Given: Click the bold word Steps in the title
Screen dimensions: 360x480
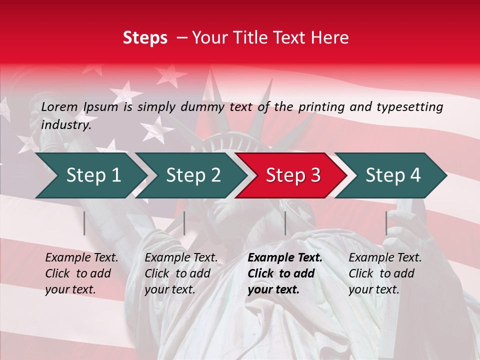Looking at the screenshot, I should tap(145, 38).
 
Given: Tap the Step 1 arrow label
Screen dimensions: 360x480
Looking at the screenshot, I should tap(93, 175).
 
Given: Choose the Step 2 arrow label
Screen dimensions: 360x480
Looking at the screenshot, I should tap(193, 175).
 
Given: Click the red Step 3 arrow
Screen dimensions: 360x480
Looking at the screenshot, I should tap(293, 175).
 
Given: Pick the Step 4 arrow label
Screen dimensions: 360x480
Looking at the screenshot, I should tap(393, 175).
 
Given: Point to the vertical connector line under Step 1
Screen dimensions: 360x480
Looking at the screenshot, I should tap(84, 223).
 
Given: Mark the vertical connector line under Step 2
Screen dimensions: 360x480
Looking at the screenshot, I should tap(184, 223).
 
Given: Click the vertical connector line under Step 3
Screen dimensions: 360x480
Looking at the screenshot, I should tap(285, 223).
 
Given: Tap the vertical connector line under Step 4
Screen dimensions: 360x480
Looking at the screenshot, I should tap(386, 223).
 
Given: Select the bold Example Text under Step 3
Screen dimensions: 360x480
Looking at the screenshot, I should tap(285, 258).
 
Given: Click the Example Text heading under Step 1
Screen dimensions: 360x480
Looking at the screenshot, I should tap(81, 258).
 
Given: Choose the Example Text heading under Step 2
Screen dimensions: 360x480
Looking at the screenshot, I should tap(181, 258).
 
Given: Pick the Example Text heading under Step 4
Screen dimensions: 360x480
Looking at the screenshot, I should tap(385, 258).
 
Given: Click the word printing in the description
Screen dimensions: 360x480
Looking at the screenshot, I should tap(322, 106).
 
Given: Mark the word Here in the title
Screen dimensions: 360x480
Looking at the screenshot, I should tap(332, 38).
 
